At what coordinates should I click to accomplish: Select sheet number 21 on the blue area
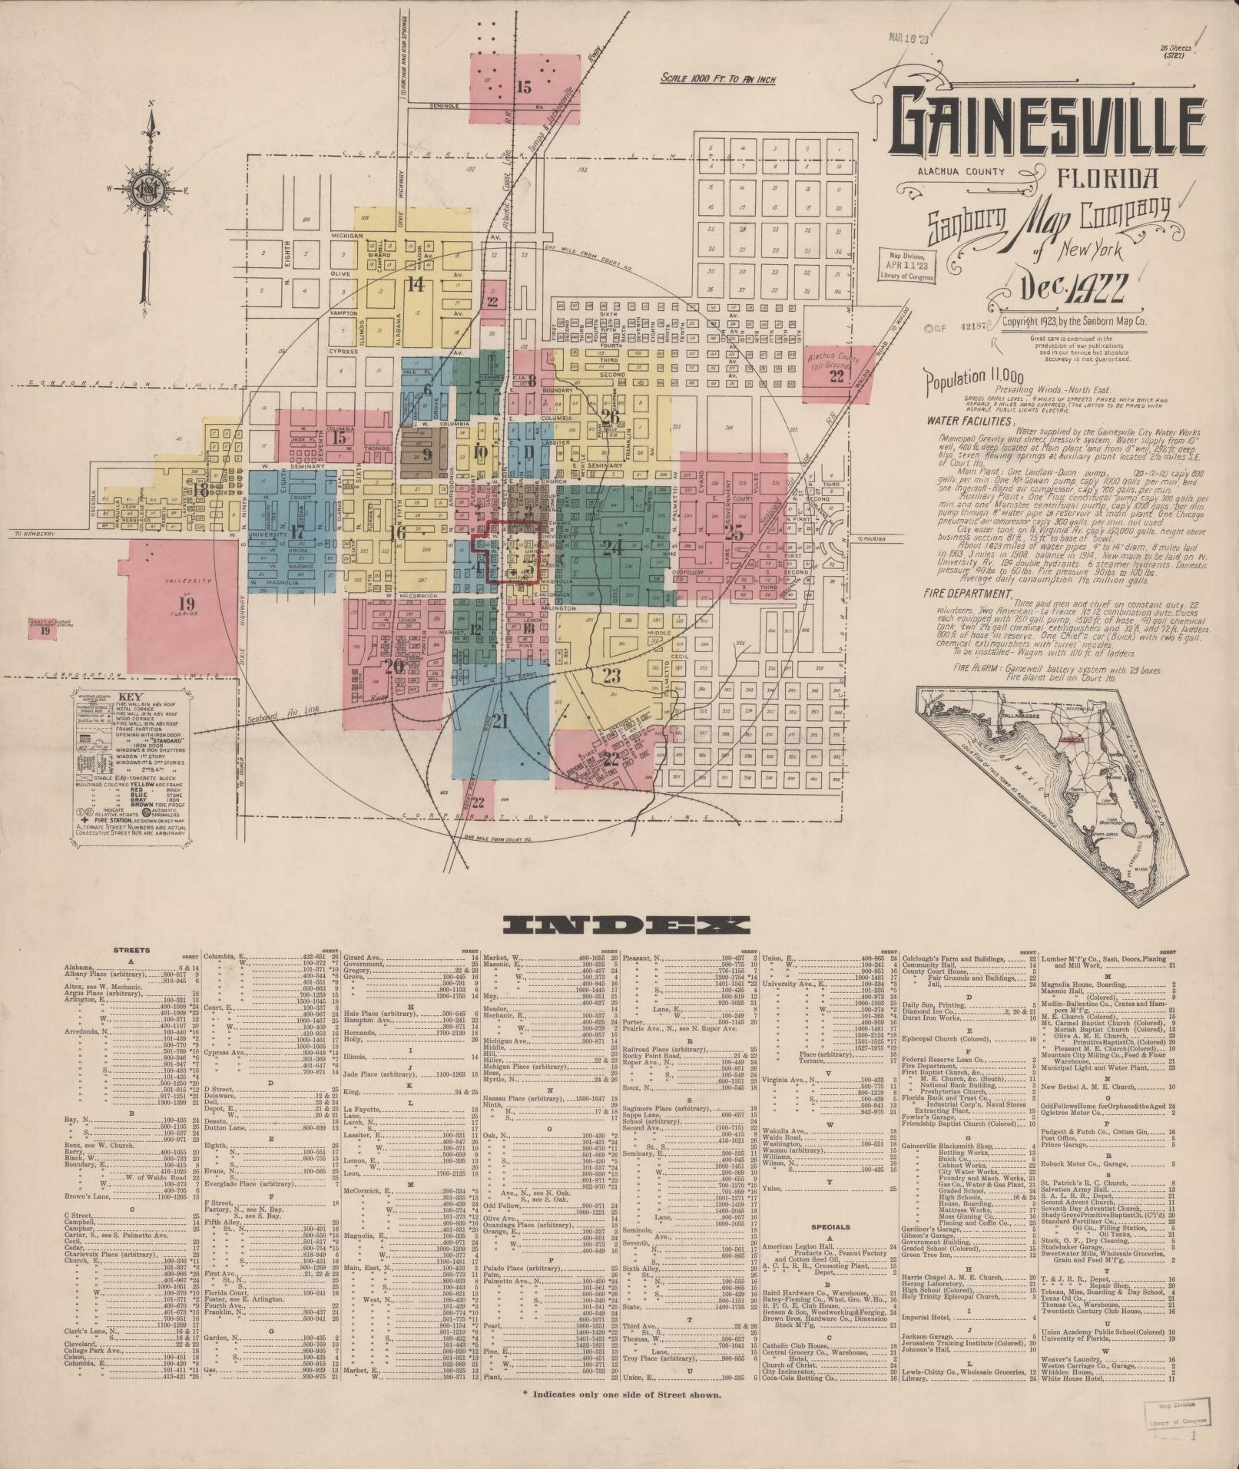[501, 721]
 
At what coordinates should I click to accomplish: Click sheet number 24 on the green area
[612, 548]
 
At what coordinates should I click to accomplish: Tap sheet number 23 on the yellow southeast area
[611, 677]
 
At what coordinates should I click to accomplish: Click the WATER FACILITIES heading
[969, 421]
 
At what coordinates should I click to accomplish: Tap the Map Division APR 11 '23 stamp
[907, 266]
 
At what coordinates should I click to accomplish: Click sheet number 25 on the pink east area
[735, 533]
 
